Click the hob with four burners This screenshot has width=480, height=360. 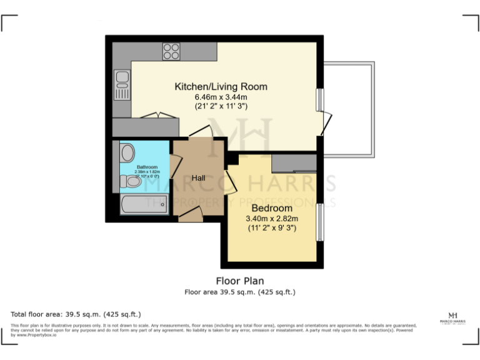click(x=171, y=51)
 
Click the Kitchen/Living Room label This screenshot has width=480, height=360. click(x=221, y=86)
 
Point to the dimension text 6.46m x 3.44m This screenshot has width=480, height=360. click(x=221, y=97)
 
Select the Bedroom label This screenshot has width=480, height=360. click(x=272, y=207)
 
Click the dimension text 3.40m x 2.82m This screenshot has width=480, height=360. click(x=272, y=218)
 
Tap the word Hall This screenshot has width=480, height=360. click(x=199, y=178)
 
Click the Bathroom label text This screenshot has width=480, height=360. click(x=147, y=167)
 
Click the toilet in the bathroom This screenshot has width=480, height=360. click(x=131, y=181)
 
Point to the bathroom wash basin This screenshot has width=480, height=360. click(x=127, y=153)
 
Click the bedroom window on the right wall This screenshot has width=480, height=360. click(x=320, y=222)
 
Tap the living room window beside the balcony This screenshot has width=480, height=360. click(x=320, y=99)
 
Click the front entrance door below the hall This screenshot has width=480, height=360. click(x=191, y=216)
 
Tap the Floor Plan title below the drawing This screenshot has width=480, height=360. click(x=240, y=281)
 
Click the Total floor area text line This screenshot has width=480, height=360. click(x=76, y=314)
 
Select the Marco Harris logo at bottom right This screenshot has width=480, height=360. click(x=453, y=318)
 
